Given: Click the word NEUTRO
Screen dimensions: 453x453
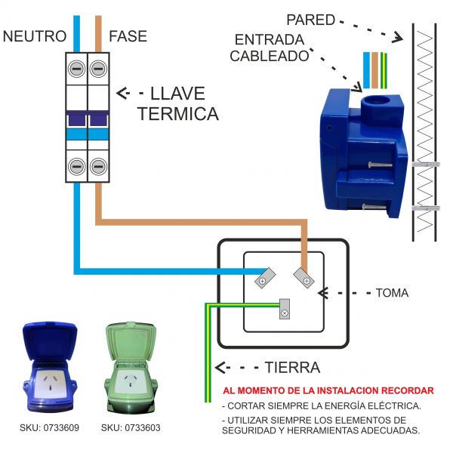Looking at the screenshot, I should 35,36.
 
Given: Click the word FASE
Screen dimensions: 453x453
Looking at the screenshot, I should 128,36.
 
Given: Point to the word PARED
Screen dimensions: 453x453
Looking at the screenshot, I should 310,20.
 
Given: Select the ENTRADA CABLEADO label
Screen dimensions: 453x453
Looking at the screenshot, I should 270,47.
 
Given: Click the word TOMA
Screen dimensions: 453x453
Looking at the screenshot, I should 392,292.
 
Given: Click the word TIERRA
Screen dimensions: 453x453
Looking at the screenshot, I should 292,368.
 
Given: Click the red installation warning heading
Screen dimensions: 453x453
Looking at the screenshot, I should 328,391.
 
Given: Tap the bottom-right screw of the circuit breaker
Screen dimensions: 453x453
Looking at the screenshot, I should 97,166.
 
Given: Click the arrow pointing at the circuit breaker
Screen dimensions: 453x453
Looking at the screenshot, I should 131,94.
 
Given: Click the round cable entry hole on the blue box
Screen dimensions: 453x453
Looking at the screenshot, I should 373,102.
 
